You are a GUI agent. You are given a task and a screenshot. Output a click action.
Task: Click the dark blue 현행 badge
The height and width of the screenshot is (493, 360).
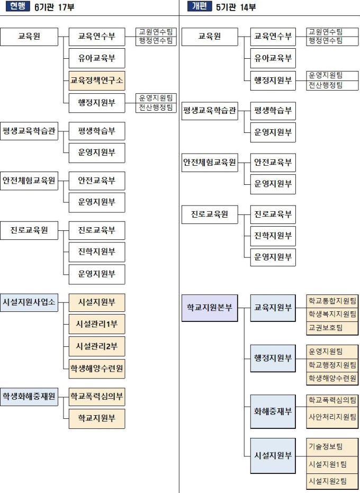(18, 6)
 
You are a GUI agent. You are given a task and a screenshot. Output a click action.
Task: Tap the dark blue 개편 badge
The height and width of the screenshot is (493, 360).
(200, 6)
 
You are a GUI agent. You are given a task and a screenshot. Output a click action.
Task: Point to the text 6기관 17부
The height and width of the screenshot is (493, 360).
(54, 7)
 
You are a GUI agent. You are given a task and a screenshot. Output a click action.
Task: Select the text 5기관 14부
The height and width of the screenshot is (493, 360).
(236, 7)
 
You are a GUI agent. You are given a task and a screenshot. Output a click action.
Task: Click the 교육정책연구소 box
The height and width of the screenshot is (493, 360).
(97, 80)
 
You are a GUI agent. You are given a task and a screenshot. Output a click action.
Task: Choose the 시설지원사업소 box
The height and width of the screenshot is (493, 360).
(29, 302)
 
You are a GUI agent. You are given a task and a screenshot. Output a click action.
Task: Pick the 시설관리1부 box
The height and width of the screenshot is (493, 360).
(97, 324)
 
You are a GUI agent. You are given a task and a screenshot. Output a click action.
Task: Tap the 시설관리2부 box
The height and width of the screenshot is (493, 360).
(97, 346)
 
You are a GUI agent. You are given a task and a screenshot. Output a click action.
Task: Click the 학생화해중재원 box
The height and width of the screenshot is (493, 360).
(29, 397)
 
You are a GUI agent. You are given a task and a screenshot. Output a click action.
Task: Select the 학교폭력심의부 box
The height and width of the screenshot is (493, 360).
(97, 397)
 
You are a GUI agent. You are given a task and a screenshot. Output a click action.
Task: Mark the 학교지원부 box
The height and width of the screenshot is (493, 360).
(97, 418)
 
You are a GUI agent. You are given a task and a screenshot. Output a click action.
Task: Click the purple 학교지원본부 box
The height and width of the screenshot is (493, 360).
(210, 308)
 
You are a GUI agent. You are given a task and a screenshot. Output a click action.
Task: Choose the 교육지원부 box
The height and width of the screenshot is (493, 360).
(273, 308)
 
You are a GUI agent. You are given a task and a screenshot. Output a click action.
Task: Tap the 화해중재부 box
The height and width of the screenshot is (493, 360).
(273, 411)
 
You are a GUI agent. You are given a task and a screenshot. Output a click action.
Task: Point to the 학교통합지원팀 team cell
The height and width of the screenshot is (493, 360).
(332, 301)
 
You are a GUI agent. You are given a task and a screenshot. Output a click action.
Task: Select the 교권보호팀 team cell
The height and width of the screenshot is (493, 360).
(332, 328)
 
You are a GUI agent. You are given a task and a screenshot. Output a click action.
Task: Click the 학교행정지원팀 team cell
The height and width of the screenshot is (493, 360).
(332, 365)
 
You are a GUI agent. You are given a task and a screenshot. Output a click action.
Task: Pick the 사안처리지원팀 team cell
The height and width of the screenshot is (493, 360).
(332, 417)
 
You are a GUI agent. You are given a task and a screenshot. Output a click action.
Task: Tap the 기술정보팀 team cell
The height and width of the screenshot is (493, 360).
(332, 447)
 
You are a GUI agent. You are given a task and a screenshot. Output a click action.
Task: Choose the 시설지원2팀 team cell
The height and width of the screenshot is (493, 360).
(332, 481)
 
